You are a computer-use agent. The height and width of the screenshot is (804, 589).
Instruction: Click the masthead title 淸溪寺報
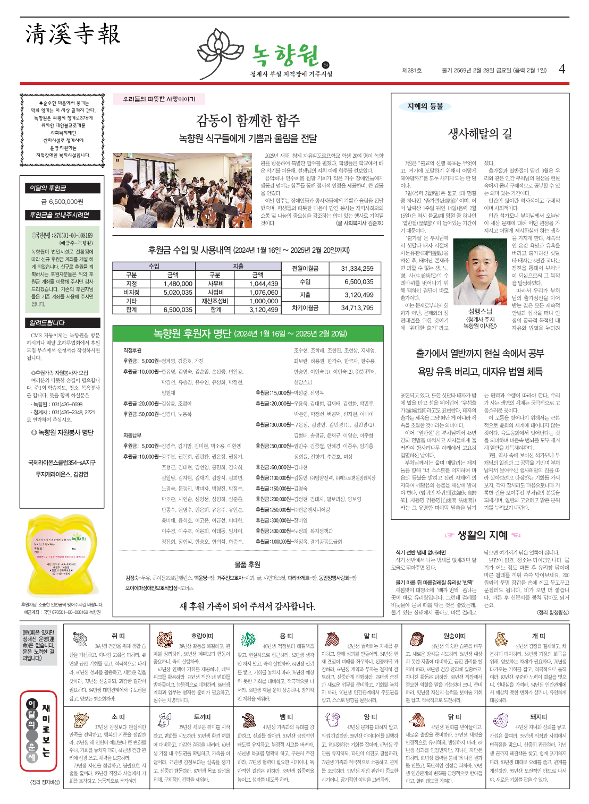[x=73, y=34]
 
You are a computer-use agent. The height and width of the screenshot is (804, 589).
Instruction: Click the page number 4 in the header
[x=562, y=69]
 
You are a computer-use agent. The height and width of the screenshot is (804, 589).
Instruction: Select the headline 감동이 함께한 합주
[x=248, y=121]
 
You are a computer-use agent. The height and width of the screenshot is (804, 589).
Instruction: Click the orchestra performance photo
[x=182, y=190]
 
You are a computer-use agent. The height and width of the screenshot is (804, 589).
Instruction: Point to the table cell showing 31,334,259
[x=357, y=269]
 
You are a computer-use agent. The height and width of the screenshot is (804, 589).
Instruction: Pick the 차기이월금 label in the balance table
[x=305, y=307]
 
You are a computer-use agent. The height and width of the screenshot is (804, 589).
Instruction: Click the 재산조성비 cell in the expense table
[x=215, y=301]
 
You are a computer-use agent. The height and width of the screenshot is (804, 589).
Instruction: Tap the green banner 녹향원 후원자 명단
[x=248, y=333]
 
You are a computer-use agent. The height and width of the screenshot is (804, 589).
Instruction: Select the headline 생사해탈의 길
[x=480, y=133]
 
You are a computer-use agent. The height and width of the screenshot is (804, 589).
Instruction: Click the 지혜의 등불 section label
[x=425, y=106]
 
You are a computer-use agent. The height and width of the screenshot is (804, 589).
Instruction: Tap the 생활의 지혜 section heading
[x=482, y=535]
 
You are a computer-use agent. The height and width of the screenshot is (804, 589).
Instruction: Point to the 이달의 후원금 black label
[x=48, y=187]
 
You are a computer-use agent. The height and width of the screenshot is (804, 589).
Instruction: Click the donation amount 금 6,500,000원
[x=62, y=202]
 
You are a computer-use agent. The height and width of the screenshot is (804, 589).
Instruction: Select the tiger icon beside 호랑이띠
[x=165, y=639]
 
